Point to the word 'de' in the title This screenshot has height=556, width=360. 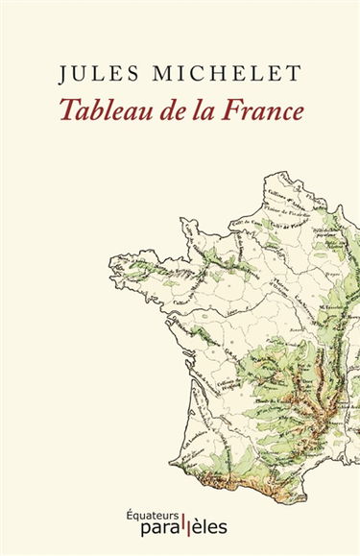point(176,109)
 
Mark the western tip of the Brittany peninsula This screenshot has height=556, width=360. point(113,260)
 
